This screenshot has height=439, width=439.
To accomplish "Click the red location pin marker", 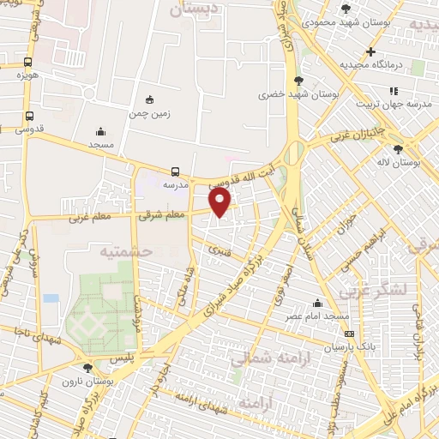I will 220,202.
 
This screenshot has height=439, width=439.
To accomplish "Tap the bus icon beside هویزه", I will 28,62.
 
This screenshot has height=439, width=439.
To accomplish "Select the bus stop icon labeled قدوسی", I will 30,116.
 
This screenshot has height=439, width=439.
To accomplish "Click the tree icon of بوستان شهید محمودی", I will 346,9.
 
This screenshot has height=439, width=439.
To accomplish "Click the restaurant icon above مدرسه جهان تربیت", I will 394,90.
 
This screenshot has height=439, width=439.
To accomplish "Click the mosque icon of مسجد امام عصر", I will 318,303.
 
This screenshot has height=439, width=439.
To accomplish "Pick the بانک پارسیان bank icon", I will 347,334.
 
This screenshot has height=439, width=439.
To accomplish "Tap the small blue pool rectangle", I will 51,298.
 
